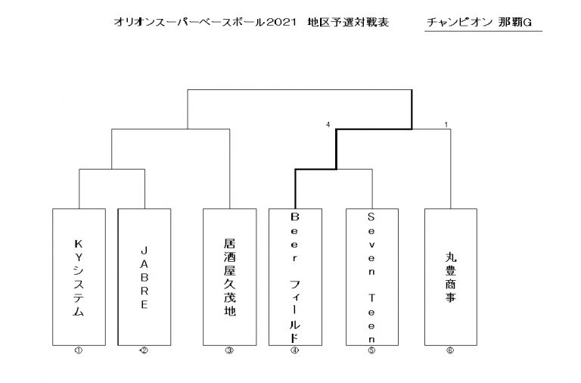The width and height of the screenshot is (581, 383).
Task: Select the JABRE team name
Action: [144, 278]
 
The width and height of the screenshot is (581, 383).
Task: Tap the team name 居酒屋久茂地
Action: [230, 277]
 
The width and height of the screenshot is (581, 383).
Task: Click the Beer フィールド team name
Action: [294, 277]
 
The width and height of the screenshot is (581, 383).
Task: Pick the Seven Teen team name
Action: [371, 277]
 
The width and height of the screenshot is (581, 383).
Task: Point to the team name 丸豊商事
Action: [451, 277]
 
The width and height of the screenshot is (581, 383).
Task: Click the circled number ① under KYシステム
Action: [79, 350]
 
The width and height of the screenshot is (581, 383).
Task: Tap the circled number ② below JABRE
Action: [144, 350]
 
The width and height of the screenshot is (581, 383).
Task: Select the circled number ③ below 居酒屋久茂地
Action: [229, 350]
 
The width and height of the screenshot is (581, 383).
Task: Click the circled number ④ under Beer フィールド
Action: [294, 350]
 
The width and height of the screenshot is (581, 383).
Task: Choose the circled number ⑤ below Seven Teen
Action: [371, 350]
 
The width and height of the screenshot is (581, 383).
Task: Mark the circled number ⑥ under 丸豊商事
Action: [450, 350]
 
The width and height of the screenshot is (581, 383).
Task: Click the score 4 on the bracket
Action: [328, 125]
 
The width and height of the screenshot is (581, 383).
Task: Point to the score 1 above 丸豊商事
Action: [446, 125]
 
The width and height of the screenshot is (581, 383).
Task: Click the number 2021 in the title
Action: [281, 22]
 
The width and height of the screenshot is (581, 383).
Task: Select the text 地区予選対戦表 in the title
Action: [348, 22]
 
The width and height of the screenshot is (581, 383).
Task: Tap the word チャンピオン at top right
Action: [459, 22]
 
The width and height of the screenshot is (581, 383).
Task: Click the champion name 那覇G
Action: [515, 22]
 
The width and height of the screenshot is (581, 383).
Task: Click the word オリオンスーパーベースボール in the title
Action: [190, 22]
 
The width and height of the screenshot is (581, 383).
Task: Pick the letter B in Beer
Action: [294, 216]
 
